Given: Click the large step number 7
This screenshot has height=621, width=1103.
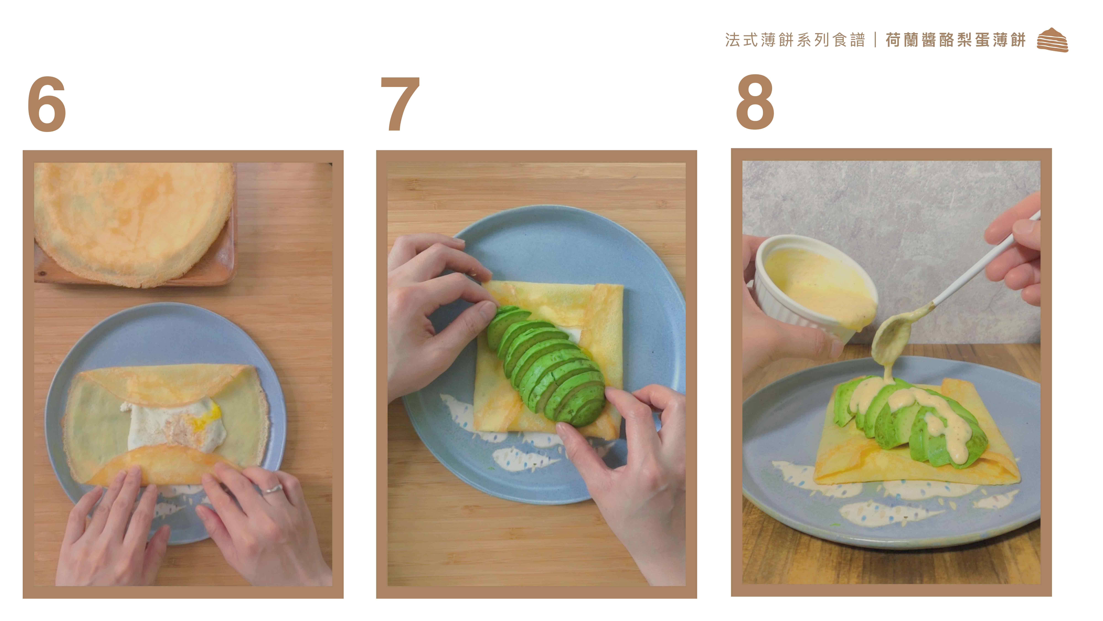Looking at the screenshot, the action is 400,104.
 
